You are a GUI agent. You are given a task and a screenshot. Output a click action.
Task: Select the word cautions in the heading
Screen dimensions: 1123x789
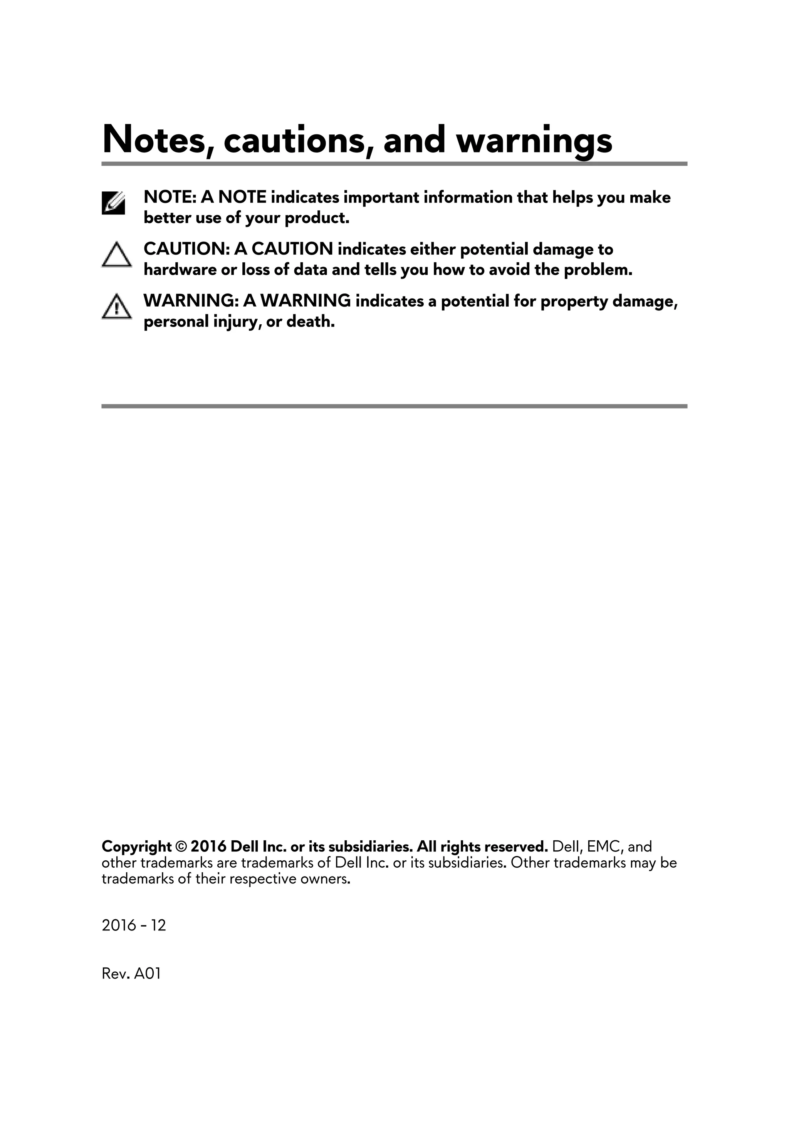294,140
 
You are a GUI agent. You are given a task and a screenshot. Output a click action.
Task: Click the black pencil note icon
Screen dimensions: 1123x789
113,203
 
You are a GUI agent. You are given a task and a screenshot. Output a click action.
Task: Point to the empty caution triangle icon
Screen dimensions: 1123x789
116,255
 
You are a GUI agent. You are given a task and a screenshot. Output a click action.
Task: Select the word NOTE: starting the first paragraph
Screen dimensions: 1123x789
170,197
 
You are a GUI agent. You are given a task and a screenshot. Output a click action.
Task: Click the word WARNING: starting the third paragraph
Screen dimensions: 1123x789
190,301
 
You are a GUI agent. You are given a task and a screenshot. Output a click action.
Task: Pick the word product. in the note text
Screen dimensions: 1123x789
317,218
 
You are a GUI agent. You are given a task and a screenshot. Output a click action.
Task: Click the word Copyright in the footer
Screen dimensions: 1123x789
136,846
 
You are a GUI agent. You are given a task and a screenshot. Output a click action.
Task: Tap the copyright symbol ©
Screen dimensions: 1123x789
181,846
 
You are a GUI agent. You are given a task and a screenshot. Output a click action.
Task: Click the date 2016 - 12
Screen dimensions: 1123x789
134,925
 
